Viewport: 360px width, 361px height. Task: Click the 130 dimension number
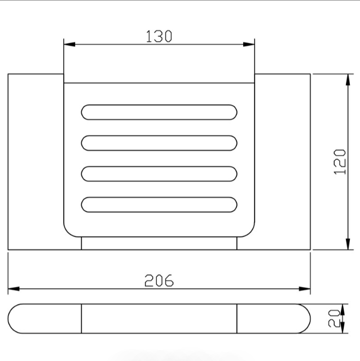click(159, 36)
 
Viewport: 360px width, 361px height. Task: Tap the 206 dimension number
click(159, 280)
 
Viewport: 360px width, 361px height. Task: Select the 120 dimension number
click(340, 162)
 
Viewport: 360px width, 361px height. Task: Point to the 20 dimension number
click(333, 318)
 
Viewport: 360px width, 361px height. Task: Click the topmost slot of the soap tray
click(159, 112)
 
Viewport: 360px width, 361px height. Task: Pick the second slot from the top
click(159, 143)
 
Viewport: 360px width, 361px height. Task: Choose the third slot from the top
click(159, 174)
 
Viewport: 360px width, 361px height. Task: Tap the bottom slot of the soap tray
click(159, 204)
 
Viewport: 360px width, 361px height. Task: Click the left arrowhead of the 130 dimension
click(69, 44)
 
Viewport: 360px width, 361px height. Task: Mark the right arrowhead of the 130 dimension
click(249, 44)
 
